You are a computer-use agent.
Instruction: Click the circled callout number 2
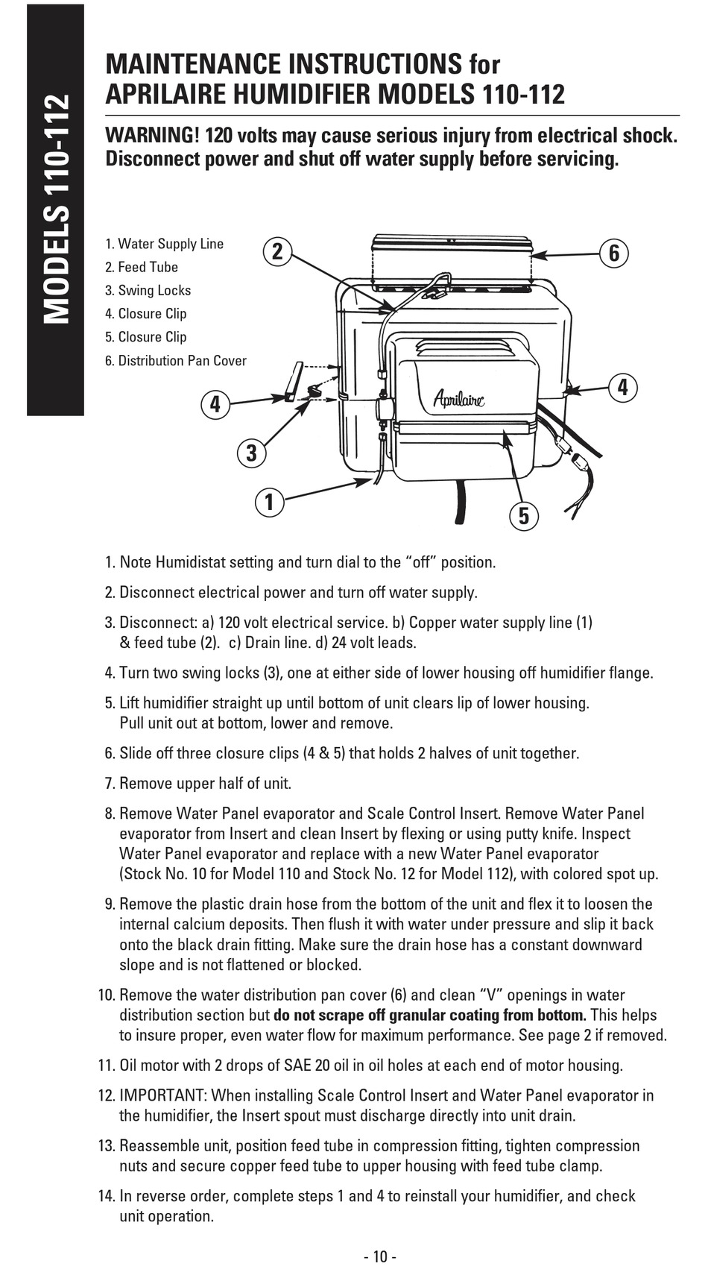[277, 252]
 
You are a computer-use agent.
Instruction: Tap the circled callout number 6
[614, 253]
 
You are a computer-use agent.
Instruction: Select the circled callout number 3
[252, 453]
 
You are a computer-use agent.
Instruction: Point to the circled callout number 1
[270, 502]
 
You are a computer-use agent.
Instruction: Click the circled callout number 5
[523, 515]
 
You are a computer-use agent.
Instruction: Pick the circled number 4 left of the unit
[215, 404]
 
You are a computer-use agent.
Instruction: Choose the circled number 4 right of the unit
[623, 387]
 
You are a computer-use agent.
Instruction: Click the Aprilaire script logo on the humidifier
[459, 399]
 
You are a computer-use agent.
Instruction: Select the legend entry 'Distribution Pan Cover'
[176, 361]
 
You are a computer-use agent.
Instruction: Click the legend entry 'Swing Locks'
[148, 291]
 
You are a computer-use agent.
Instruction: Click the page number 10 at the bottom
[380, 1257]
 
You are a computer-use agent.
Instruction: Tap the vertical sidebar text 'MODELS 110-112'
[56, 210]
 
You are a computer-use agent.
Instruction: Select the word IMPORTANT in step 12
[162, 1095]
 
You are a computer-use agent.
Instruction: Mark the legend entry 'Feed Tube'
[142, 267]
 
